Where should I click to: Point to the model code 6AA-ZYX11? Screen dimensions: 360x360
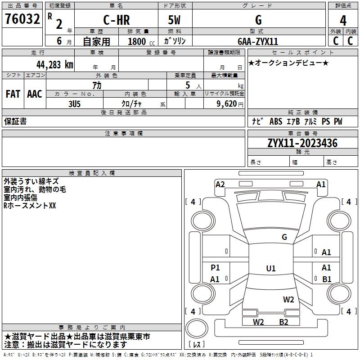[x=258, y=41]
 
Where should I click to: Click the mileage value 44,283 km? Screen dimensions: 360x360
[x=54, y=64]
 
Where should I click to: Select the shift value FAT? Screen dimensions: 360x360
[x=13, y=94]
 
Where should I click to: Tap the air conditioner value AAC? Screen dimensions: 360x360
[x=34, y=94]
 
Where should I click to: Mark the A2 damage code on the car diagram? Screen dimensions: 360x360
[x=220, y=184]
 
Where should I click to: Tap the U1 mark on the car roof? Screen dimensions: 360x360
[x=270, y=268]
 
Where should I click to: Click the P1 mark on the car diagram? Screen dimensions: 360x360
[x=215, y=268]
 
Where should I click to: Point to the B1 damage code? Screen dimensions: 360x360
[x=327, y=279]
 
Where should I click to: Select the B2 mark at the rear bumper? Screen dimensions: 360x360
[x=283, y=322]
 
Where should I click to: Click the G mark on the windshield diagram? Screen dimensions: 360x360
[x=284, y=237]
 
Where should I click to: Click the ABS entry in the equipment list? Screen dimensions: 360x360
[x=275, y=121]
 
